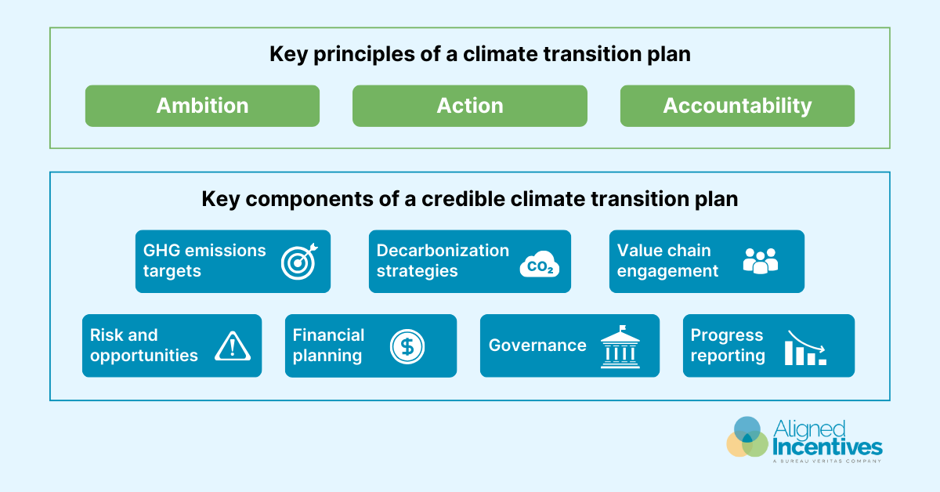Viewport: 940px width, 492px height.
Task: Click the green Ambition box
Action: pyautogui.click(x=202, y=106)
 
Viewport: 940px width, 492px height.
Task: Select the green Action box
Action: pyautogui.click(x=469, y=106)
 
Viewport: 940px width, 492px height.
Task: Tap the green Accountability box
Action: pyautogui.click(x=737, y=106)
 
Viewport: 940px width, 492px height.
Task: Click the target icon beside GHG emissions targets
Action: pyautogui.click(x=298, y=262)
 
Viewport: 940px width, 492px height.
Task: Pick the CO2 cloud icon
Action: pyautogui.click(x=540, y=263)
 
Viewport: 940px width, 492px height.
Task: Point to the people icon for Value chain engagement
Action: pyautogui.click(x=760, y=261)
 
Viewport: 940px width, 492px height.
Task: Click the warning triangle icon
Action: pyautogui.click(x=232, y=345)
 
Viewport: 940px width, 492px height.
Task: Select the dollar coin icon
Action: pyautogui.click(x=407, y=345)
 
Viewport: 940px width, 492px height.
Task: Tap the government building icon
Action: pyautogui.click(x=620, y=345)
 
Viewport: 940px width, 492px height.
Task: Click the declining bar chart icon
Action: pyautogui.click(x=805, y=347)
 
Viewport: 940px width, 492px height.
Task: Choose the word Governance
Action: pyautogui.click(x=537, y=345)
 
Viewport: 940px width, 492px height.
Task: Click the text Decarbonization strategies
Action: pyautogui.click(x=443, y=261)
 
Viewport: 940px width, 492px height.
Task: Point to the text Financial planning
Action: pyautogui.click(x=329, y=345)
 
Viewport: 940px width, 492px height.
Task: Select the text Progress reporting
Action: pyautogui.click(x=728, y=345)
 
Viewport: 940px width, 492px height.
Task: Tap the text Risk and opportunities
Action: pyautogui.click(x=144, y=345)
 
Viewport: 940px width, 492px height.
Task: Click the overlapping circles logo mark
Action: pyautogui.click(x=747, y=437)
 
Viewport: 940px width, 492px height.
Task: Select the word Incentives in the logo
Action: pyautogui.click(x=827, y=447)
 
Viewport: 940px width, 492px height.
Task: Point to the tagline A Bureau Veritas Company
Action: pyautogui.click(x=827, y=461)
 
